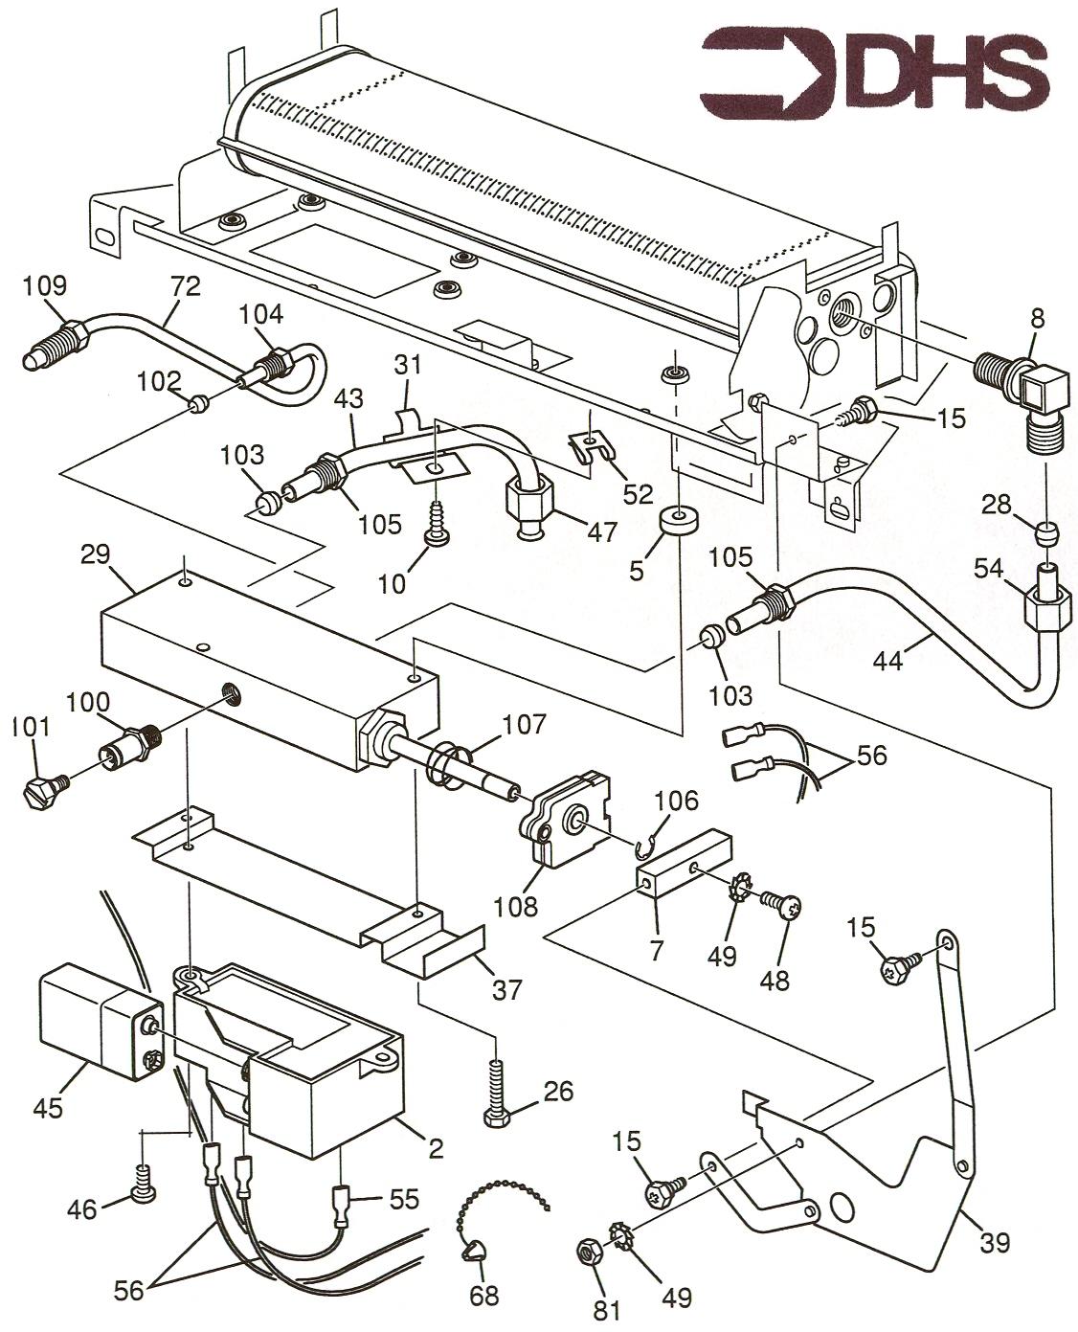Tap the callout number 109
click(x=45, y=285)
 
